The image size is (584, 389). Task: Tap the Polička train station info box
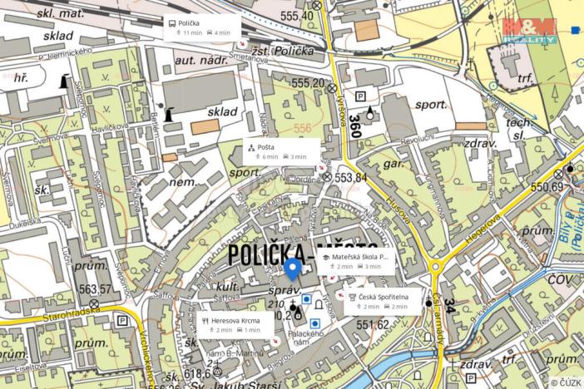[x=200, y=27]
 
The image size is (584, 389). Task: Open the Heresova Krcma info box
[x=235, y=324]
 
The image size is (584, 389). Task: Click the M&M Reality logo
[x=529, y=30]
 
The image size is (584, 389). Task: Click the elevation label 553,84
[x=350, y=176]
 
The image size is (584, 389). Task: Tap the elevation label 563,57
[x=96, y=289]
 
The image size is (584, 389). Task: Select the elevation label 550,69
[x=547, y=187]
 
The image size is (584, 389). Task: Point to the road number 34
[x=449, y=306]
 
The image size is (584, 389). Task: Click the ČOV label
[x=560, y=279]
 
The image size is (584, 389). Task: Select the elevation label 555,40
[x=297, y=16]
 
